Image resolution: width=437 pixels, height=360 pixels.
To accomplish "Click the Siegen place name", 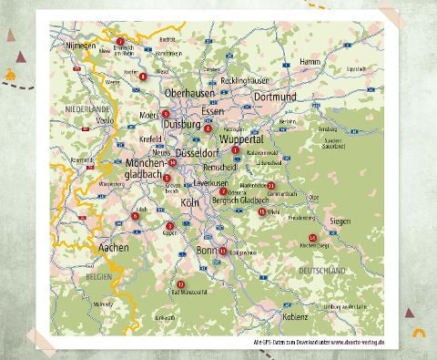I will coord(340,221).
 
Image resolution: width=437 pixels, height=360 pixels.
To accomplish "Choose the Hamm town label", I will coord(309,61).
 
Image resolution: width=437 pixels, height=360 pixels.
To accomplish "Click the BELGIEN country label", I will coord(98,274).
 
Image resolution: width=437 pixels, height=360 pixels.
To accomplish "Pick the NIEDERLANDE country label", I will coord(86,108).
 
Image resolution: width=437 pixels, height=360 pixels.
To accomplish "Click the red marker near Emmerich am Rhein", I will coord(120,42).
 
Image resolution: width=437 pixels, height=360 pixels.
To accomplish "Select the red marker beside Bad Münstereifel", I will coord(180,284).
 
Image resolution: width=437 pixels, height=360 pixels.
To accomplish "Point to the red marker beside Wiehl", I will coord(262,211).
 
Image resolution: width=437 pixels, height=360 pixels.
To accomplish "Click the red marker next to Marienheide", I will coord(270,185).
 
